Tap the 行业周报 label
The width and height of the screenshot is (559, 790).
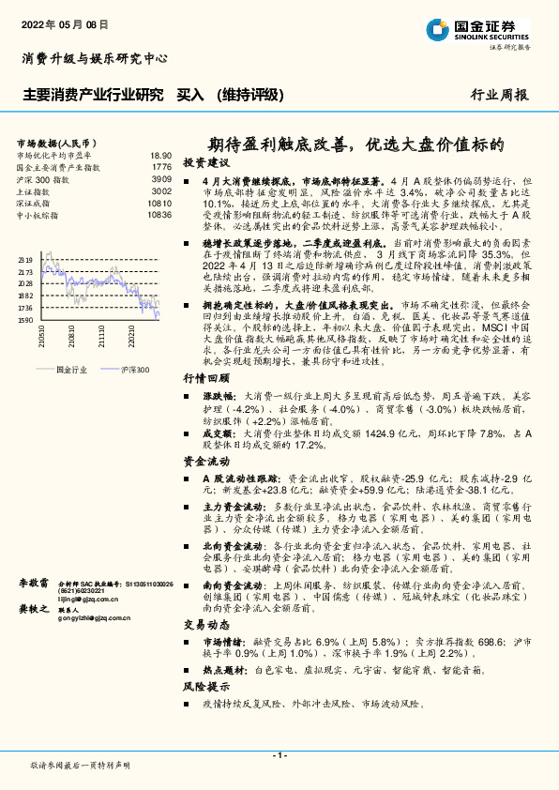tap(499, 95)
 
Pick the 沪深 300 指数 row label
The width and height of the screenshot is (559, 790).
tap(42, 178)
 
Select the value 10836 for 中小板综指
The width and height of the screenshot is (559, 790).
tap(159, 214)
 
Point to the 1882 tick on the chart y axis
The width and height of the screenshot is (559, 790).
tap(25, 295)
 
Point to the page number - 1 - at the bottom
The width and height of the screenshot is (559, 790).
tap(279, 754)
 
